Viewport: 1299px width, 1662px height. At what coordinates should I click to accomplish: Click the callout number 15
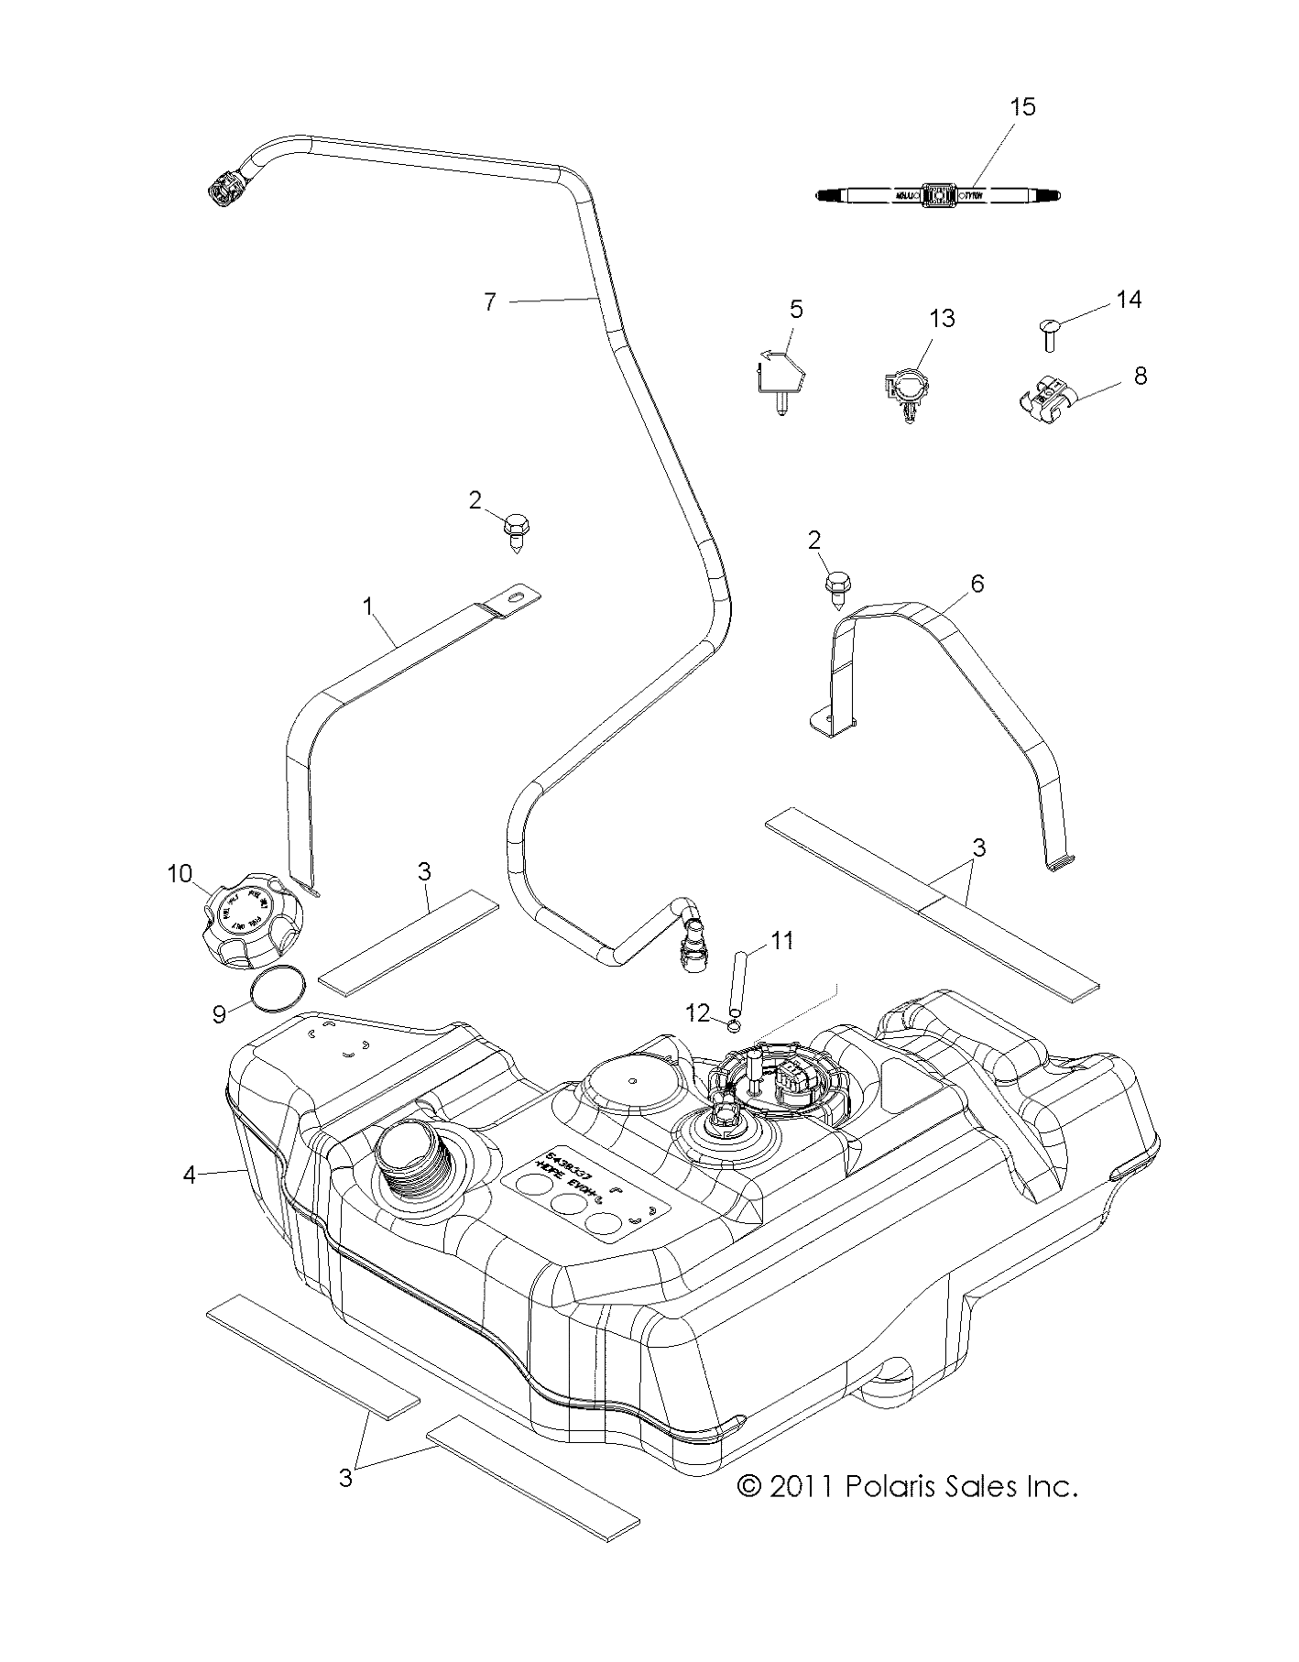pyautogui.click(x=1022, y=107)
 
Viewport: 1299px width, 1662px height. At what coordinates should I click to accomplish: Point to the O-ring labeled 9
pyautogui.click(x=278, y=990)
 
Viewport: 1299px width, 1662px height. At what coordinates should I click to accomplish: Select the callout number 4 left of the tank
pyautogui.click(x=189, y=1174)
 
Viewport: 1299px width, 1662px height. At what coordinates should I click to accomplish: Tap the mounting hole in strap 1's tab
pyautogui.click(x=522, y=596)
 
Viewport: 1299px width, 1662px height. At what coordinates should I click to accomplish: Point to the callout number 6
pyautogui.click(x=977, y=583)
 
